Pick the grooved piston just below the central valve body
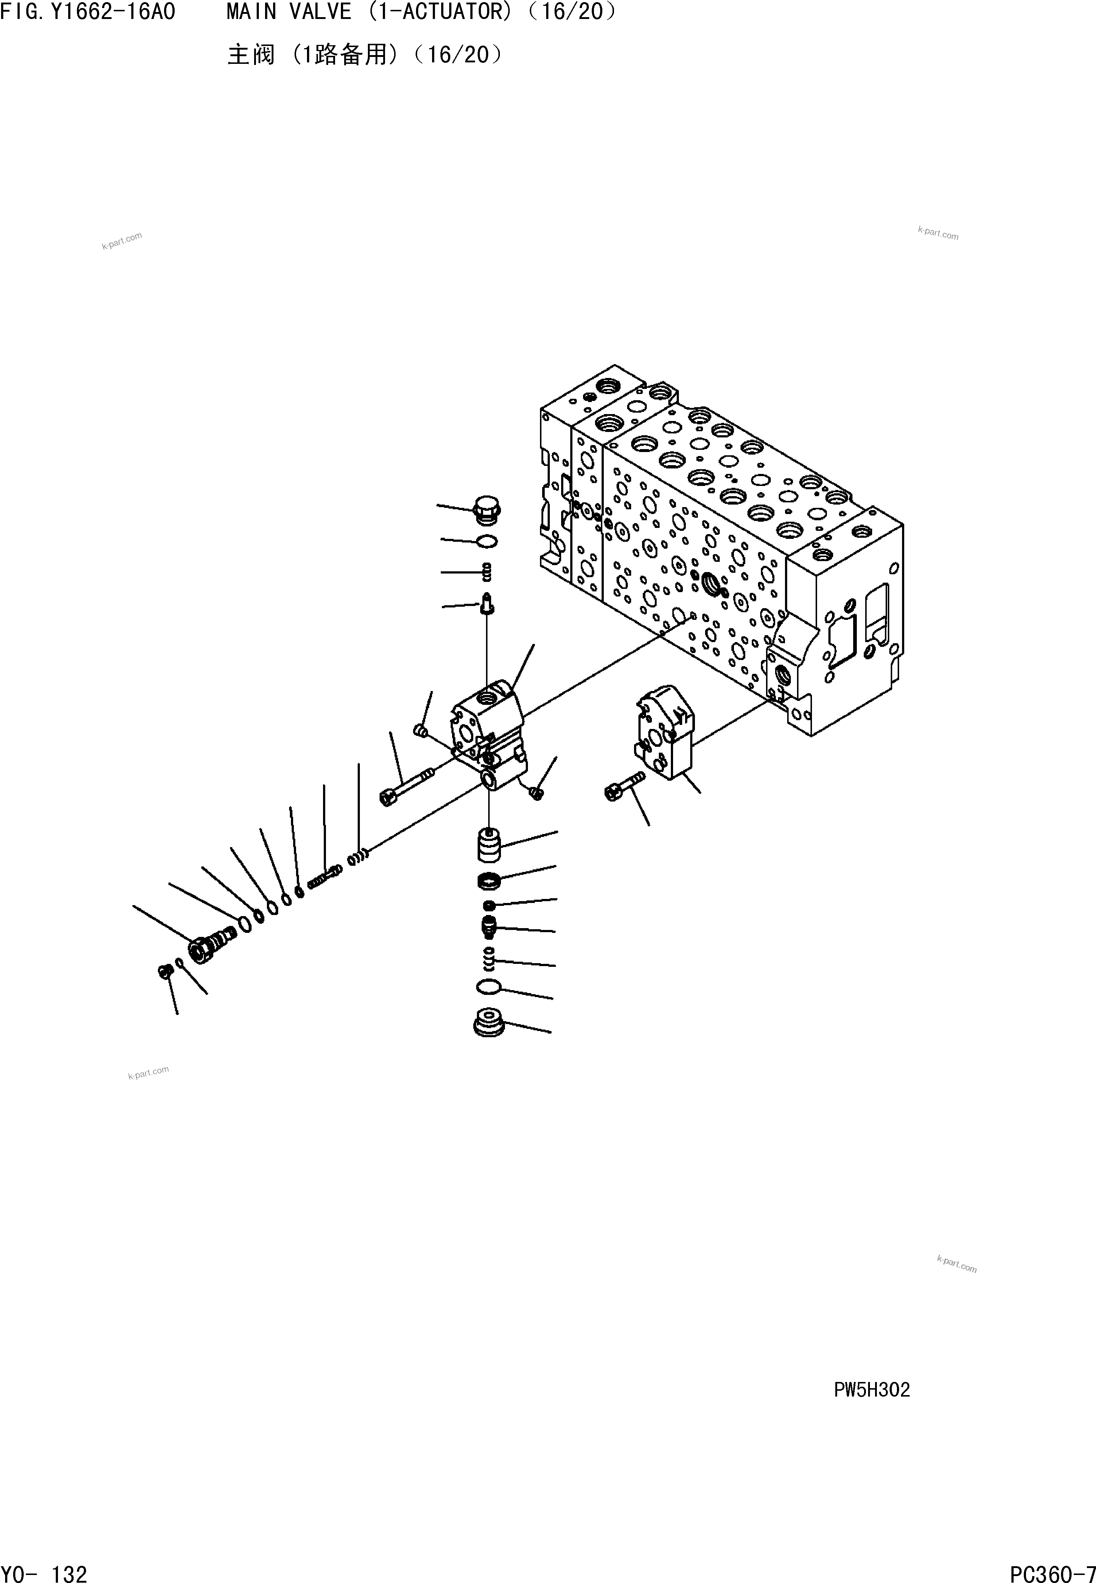pyautogui.click(x=488, y=845)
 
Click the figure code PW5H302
pyautogui.click(x=871, y=1389)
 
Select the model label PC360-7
pyautogui.click(x=1052, y=1568)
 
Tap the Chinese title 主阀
pyautogui.click(x=250, y=54)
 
